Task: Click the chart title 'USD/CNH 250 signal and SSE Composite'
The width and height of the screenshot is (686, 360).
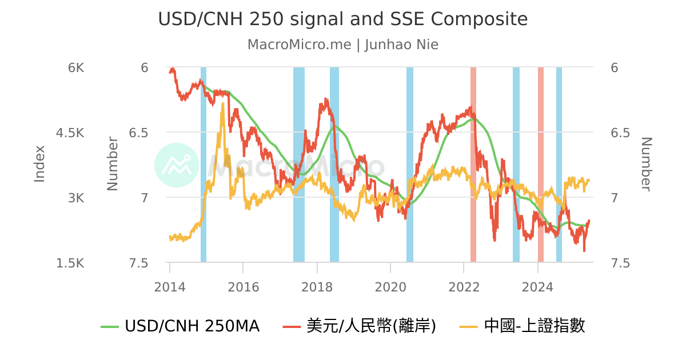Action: tap(343, 19)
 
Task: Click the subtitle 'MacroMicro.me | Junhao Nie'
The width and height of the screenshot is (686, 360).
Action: tap(343, 45)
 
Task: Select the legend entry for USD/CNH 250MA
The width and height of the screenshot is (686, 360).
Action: tap(181, 326)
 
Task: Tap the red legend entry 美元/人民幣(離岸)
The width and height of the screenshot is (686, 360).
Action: tap(360, 326)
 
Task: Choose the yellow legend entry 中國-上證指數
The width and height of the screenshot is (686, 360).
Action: tap(523, 326)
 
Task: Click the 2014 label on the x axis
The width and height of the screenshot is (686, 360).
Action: tap(170, 286)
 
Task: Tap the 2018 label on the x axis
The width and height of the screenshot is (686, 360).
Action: tap(317, 286)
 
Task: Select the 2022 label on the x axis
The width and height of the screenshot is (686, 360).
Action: tap(464, 286)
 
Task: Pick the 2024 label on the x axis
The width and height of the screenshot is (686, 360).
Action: tap(537, 286)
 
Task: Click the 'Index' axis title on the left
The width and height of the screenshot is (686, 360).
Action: tap(39, 164)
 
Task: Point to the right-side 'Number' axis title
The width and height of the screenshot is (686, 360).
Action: tap(645, 164)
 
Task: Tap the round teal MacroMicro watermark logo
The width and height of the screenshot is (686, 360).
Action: tap(177, 165)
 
